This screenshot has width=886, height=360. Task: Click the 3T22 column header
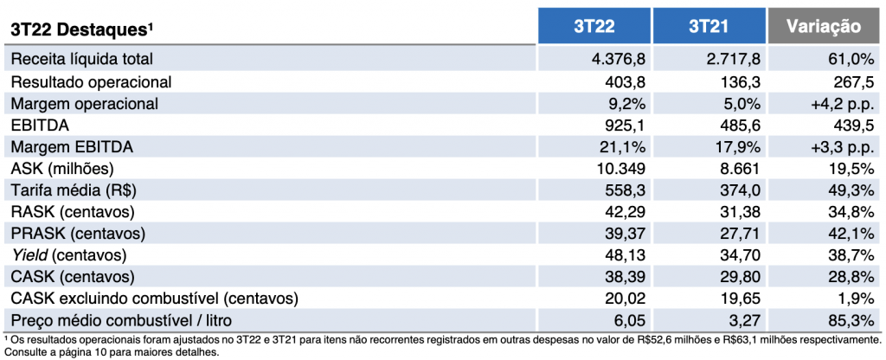(594, 27)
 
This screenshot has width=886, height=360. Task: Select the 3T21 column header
(709, 27)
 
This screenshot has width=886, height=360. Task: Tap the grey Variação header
(825, 27)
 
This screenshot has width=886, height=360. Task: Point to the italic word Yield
(29, 256)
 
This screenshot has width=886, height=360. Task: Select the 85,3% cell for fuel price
(852, 321)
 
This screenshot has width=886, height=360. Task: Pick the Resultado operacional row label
(91, 82)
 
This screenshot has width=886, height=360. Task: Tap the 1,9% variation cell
(857, 299)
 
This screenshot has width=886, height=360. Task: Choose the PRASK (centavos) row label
(78, 235)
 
